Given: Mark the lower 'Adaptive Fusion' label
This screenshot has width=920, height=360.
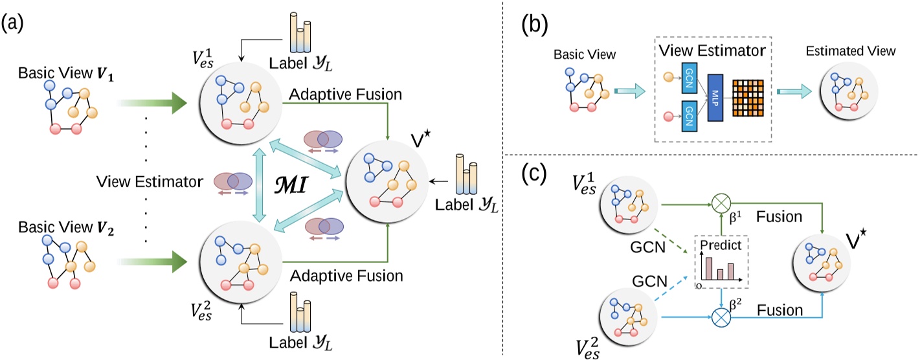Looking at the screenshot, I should (x=346, y=276).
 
